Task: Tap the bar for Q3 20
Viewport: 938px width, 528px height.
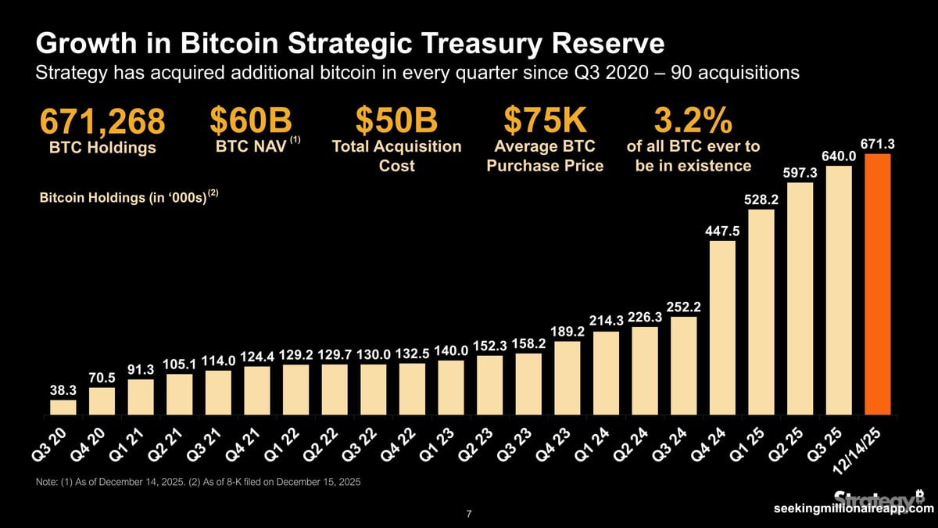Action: pyautogui.click(x=63, y=407)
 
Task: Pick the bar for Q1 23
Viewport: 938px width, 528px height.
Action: pyautogui.click(x=451, y=386)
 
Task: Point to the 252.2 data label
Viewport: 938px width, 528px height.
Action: pyautogui.click(x=683, y=306)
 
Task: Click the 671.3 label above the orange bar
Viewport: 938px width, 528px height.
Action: pyautogui.click(x=877, y=144)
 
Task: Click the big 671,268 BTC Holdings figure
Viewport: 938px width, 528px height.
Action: pyautogui.click(x=102, y=122)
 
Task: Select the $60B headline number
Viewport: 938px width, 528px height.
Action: pyautogui.click(x=250, y=121)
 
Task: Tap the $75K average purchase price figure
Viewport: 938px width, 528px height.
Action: pyautogui.click(x=544, y=121)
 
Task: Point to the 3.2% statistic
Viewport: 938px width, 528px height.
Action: pyautogui.click(x=693, y=121)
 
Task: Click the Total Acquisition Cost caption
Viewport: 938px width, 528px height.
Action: pyautogui.click(x=396, y=156)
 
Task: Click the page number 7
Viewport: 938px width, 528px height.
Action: pyautogui.click(x=468, y=514)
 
